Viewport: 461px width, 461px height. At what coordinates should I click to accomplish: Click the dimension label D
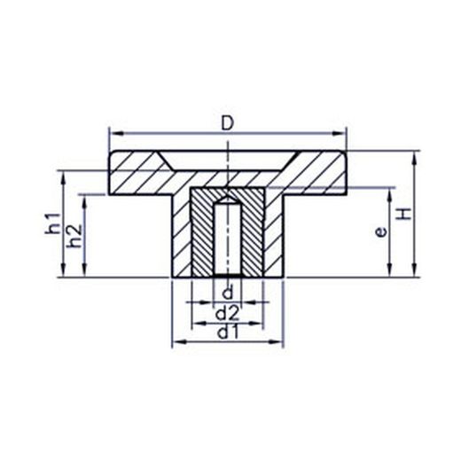tap(227, 124)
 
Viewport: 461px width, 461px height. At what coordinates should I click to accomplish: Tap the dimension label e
tap(380, 232)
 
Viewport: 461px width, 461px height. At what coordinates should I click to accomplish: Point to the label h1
tap(52, 223)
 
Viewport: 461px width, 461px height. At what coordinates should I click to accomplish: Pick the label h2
tap(74, 237)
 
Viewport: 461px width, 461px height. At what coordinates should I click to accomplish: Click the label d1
tap(227, 333)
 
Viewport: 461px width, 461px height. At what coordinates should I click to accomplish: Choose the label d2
tap(227, 314)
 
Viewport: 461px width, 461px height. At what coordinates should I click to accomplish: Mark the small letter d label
tap(227, 293)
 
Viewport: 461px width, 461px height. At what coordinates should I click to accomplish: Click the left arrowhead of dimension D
tap(116, 134)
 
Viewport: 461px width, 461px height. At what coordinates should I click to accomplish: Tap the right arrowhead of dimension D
tap(339, 134)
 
